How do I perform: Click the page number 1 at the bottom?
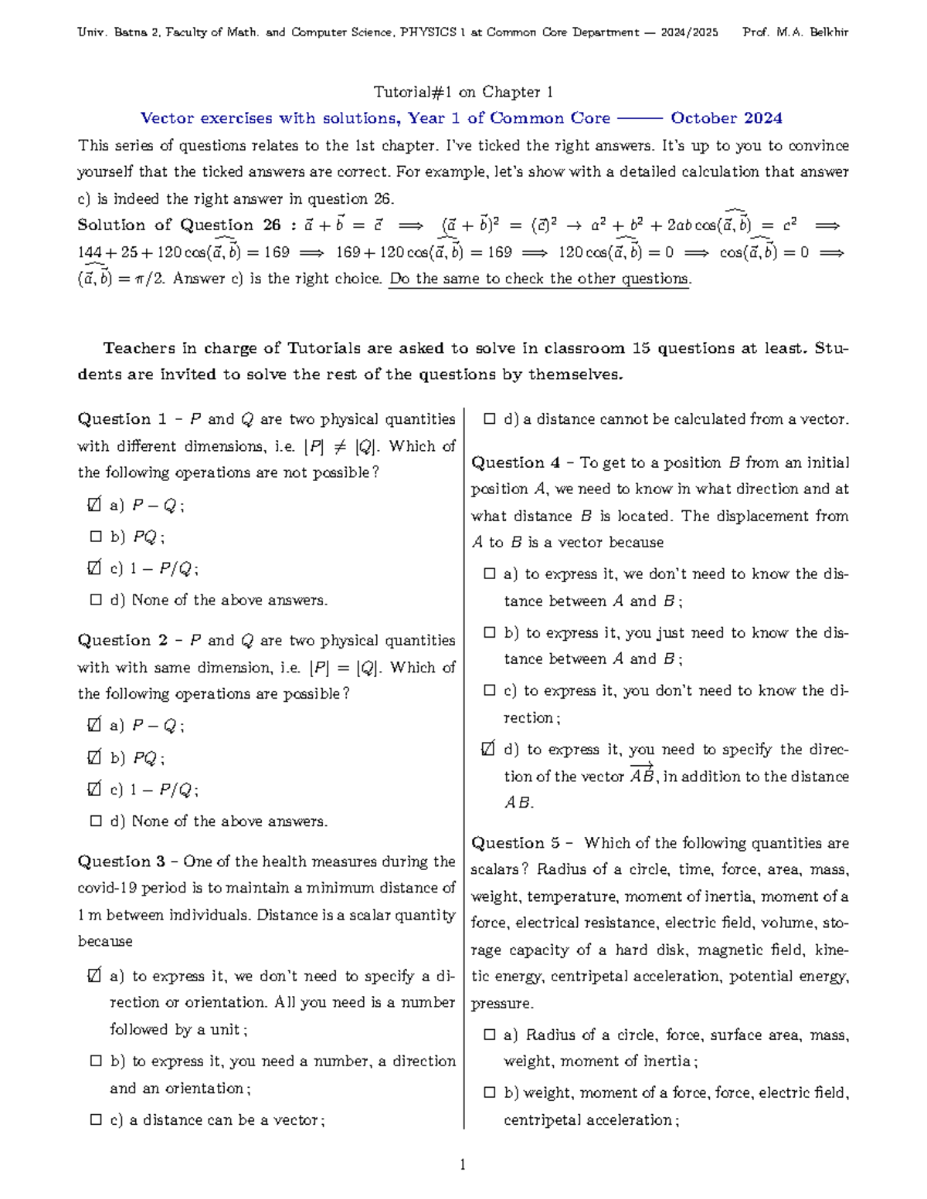462,1164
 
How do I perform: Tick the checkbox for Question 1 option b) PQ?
96,537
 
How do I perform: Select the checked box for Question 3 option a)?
94,977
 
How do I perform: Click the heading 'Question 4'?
515,462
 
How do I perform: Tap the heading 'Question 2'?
122,640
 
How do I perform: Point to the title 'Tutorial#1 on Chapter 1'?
463,92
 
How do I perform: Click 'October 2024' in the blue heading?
725,118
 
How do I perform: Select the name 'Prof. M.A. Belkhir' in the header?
795,32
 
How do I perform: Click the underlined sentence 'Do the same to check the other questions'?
538,279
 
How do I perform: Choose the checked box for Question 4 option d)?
488,749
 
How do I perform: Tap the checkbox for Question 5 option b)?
489,1092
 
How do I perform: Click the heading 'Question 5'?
515,843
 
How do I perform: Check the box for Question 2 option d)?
96,821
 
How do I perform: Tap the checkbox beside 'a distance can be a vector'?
96,1119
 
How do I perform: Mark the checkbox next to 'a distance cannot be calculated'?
489,419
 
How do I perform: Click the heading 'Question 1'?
122,419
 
